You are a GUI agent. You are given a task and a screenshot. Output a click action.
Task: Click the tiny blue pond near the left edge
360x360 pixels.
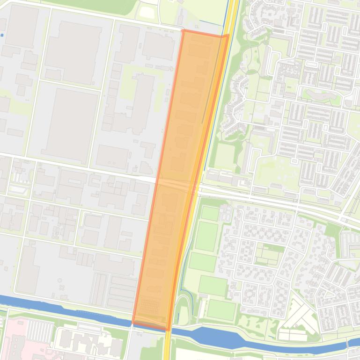click(2, 35)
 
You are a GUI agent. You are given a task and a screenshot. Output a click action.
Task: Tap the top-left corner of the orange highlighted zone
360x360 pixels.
click(183, 31)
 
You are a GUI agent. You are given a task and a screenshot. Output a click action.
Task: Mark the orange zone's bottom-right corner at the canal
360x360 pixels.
click(167, 329)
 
